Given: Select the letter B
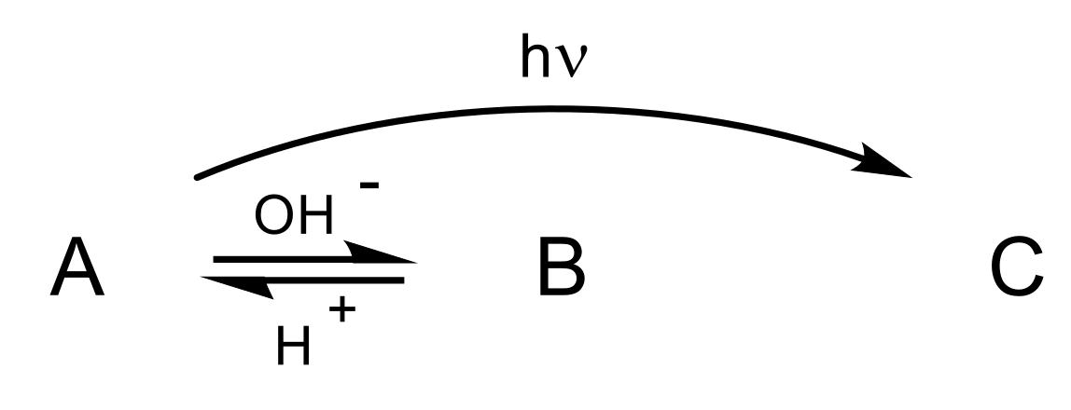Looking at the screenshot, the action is pyautogui.click(x=561, y=267).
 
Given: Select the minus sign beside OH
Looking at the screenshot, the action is pyautogui.click(x=369, y=185).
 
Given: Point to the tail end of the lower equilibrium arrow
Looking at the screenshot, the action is pyautogui.click(x=403, y=279).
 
